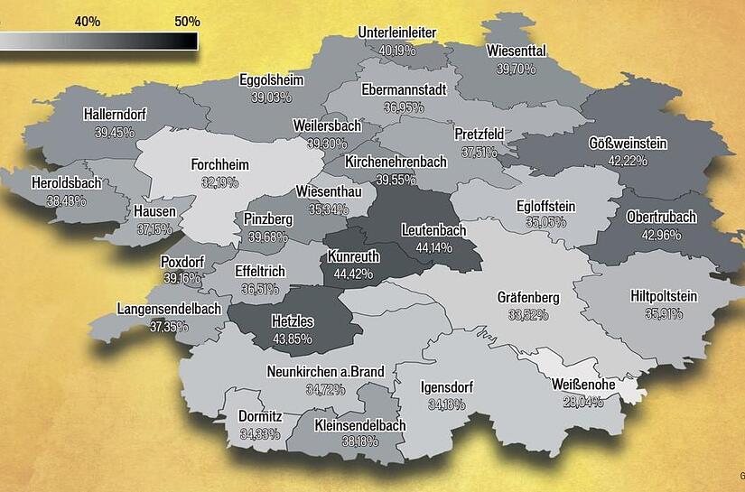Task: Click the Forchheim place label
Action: [219, 165]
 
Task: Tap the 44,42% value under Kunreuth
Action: [354, 273]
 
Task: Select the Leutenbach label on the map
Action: [433, 230]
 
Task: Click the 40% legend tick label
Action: [88, 21]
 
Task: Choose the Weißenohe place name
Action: [583, 385]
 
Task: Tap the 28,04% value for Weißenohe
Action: [583, 401]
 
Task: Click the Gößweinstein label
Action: [628, 144]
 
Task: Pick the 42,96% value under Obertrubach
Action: [661, 235]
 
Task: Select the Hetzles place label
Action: [292, 321]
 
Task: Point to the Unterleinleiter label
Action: [397, 33]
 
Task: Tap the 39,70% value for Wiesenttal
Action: [516, 69]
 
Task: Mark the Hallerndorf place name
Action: [115, 115]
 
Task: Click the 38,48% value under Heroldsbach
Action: [66, 200]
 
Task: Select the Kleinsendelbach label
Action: [360, 425]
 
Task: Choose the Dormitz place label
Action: [260, 417]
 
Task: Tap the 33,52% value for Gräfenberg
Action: [528, 314]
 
